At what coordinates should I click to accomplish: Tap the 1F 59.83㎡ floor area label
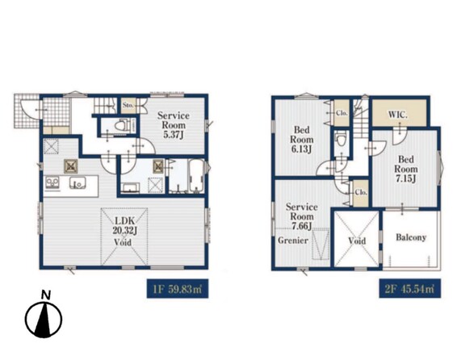[x=178, y=289]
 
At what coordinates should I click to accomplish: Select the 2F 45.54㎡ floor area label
[x=409, y=289]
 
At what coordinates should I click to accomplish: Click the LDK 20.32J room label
[x=125, y=225]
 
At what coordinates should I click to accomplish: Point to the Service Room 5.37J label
[x=174, y=125]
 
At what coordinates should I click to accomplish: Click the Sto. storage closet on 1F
[x=128, y=106]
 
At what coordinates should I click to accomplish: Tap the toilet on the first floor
[x=124, y=126]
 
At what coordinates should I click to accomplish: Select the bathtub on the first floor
[x=196, y=176]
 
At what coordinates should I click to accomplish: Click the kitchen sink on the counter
[x=78, y=183]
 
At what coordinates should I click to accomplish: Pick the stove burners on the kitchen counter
[x=52, y=183]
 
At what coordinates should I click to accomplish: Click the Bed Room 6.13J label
[x=301, y=140]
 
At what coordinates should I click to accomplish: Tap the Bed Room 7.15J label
[x=405, y=169]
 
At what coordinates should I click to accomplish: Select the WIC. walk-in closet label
[x=398, y=115]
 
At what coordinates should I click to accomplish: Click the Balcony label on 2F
[x=411, y=237]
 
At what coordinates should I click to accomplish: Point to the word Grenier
[x=293, y=241]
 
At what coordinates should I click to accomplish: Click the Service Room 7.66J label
[x=301, y=216]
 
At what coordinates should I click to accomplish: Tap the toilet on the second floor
[x=342, y=140]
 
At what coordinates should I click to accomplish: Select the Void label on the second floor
[x=357, y=241]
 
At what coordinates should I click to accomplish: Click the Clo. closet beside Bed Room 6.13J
[x=342, y=113]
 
